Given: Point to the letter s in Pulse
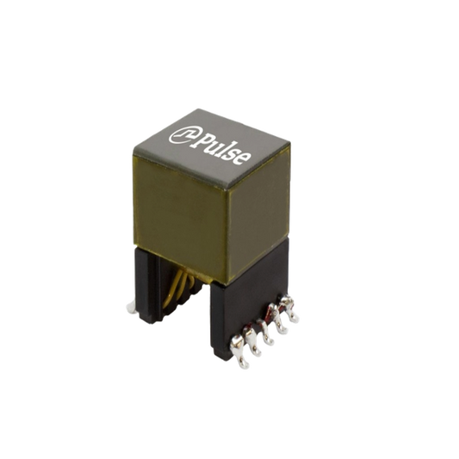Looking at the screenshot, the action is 233,154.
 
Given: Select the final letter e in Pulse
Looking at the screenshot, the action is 243,159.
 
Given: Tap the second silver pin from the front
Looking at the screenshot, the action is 252,342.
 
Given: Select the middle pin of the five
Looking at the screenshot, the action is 265,332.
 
